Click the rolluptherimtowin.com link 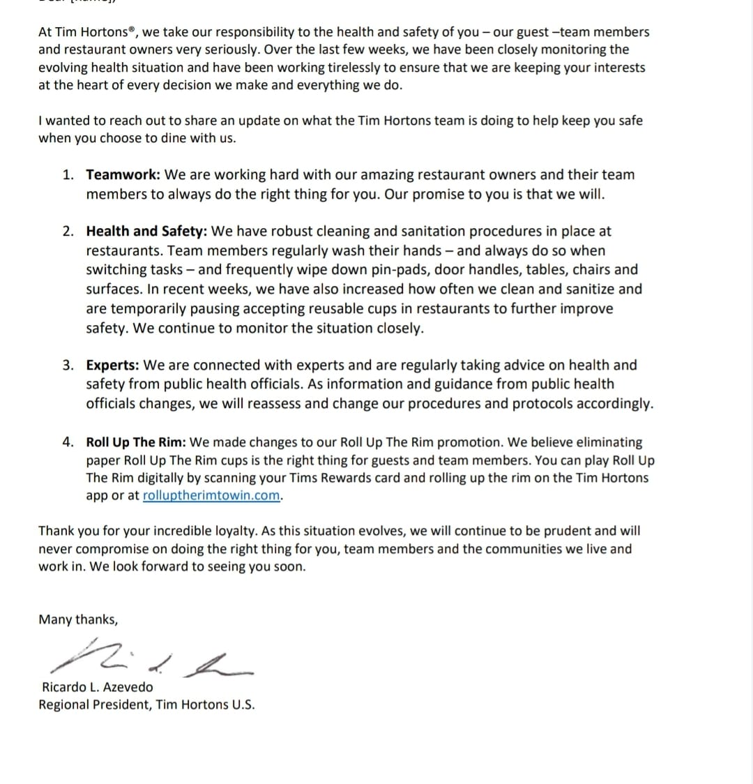(x=212, y=495)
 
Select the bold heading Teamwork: (x=124, y=175)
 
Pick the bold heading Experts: (x=113, y=365)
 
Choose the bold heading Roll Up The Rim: (x=136, y=442)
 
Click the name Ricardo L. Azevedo (x=97, y=687)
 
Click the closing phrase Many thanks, (x=78, y=619)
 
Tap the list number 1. (x=67, y=175)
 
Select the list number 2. (x=67, y=232)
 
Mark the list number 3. (x=67, y=365)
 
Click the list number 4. (x=67, y=442)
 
